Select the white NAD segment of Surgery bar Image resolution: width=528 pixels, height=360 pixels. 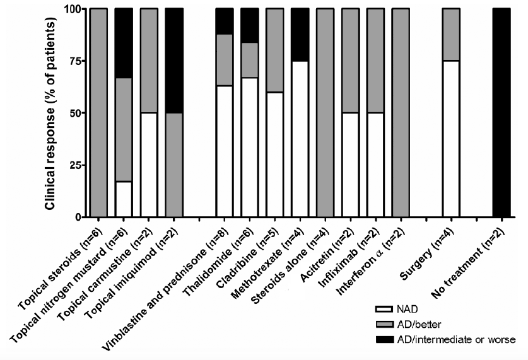coord(450,139)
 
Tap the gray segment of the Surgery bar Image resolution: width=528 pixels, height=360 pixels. coord(450,35)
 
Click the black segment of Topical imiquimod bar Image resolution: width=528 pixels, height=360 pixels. coord(173,61)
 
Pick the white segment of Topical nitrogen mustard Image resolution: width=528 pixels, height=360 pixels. coord(124,199)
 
